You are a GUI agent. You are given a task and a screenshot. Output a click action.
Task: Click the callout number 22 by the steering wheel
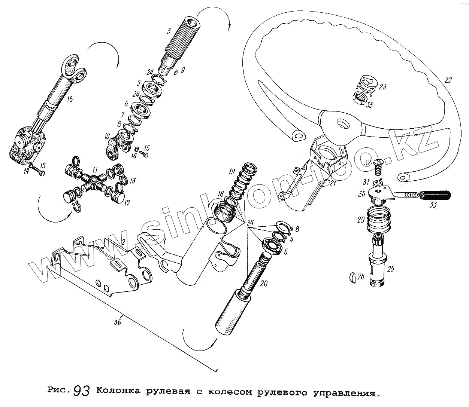pos(448,80)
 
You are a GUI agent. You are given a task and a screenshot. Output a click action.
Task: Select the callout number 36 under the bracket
pos(118,322)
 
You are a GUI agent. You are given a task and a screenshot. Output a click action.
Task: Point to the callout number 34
pos(249,224)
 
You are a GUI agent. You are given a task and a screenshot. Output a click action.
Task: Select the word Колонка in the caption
pos(118,392)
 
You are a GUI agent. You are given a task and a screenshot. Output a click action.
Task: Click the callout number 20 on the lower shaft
pos(264,284)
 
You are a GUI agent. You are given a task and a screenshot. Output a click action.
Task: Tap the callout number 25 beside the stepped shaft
pos(390,269)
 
